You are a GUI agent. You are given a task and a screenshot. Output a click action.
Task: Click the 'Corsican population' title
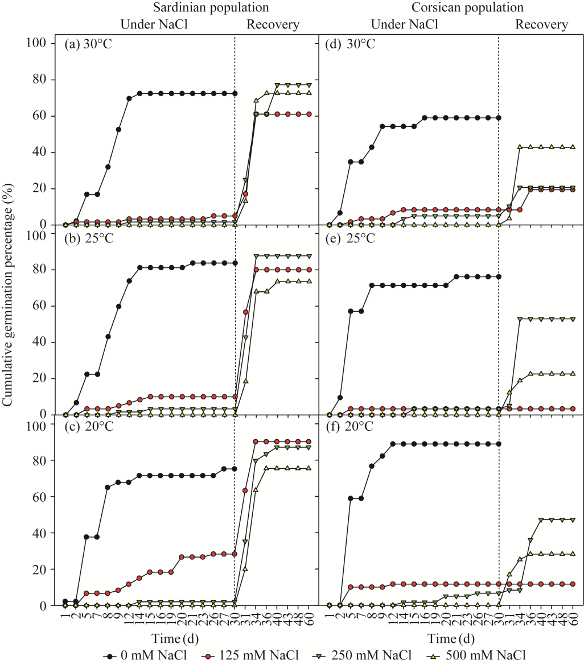(461, 8)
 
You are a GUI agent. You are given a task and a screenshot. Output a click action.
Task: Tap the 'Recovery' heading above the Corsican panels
(541, 24)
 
